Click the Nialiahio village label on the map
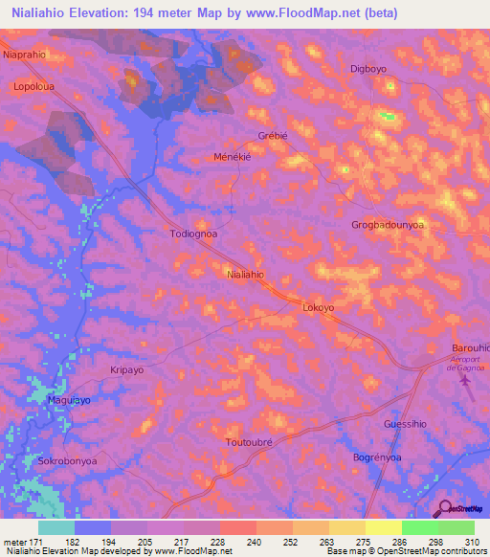[245, 274]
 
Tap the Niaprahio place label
[25, 55]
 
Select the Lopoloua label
[33, 85]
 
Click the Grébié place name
[274, 135]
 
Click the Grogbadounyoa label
[388, 225]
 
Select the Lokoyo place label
[318, 307]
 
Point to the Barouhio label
[470, 347]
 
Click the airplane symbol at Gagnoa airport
[466, 382]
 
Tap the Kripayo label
[126, 368]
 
